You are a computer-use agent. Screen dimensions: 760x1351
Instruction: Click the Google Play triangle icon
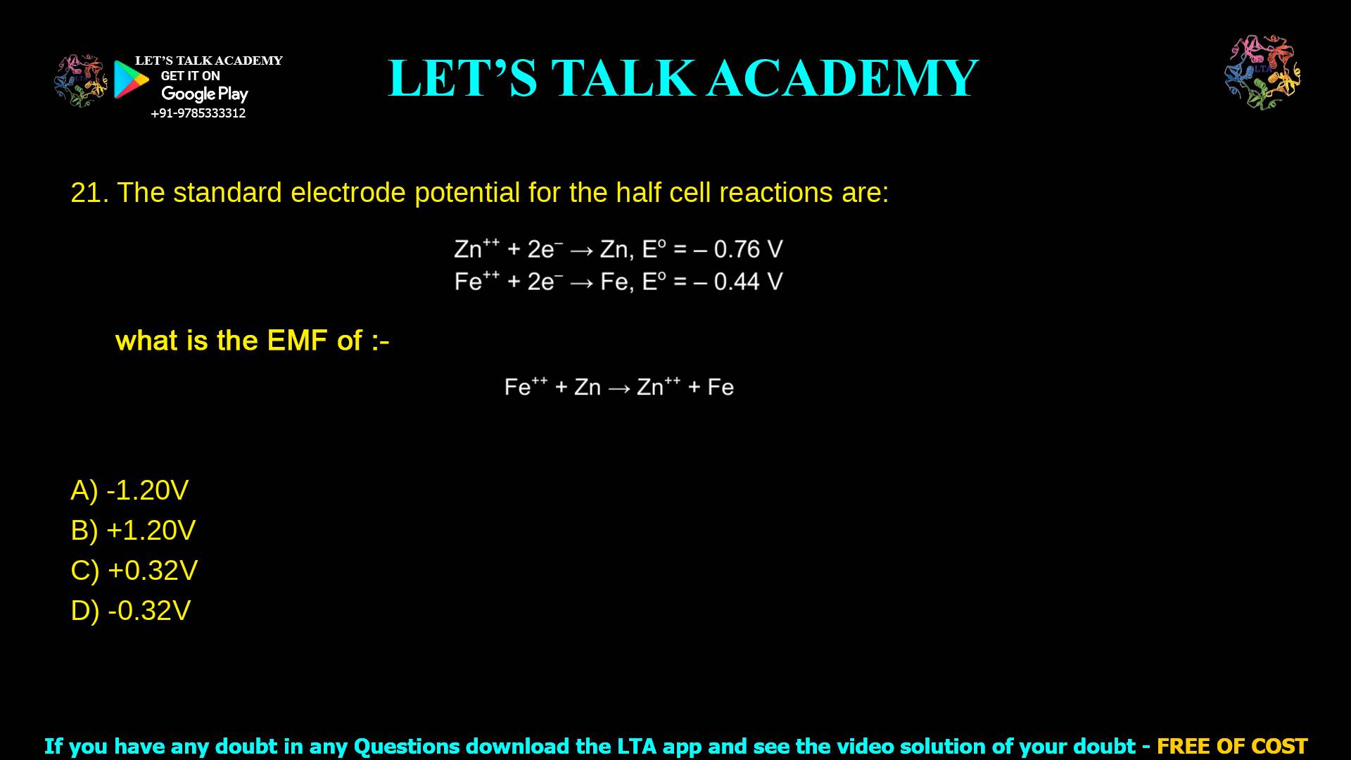point(130,80)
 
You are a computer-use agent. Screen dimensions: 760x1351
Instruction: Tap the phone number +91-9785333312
point(198,113)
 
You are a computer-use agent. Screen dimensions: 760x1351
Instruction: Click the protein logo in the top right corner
point(1262,72)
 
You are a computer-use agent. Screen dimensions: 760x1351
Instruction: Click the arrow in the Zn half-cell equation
point(581,251)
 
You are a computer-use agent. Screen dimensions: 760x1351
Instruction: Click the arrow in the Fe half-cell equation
point(581,283)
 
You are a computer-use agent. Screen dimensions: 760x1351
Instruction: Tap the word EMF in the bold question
point(297,341)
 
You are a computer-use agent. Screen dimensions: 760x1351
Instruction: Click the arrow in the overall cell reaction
point(619,388)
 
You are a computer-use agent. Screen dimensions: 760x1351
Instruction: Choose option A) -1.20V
point(129,490)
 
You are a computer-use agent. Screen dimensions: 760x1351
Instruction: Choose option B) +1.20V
point(133,531)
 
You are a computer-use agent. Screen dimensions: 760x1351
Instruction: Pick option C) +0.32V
point(134,571)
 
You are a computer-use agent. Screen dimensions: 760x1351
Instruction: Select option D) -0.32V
point(131,611)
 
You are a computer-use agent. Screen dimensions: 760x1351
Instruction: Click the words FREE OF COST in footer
point(1231,746)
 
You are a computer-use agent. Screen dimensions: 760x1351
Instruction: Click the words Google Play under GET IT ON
point(204,94)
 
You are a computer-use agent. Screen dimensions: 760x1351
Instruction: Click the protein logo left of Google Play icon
point(81,81)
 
